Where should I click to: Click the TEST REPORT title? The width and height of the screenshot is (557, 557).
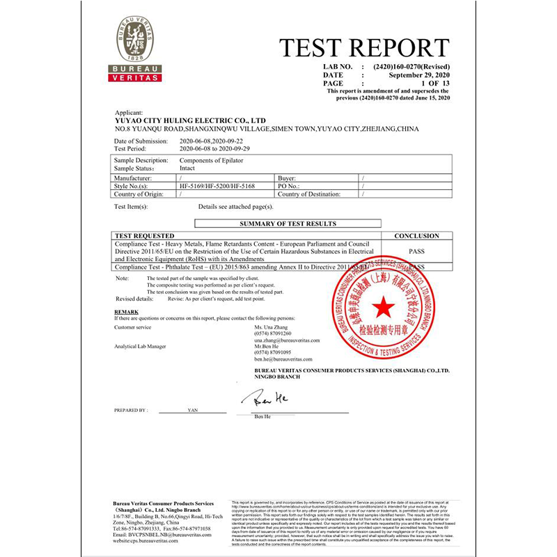coord(364,48)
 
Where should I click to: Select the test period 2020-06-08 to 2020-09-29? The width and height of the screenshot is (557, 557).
coord(215,148)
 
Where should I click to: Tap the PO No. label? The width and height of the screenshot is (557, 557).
coord(288,187)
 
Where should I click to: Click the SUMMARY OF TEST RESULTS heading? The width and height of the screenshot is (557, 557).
coord(288,223)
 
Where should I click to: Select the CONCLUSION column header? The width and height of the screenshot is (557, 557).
coord(416,236)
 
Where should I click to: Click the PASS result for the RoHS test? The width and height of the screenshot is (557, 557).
coord(416,251)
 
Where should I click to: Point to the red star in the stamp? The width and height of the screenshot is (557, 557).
coord(382,306)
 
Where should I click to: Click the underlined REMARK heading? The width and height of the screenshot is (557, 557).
coord(126,311)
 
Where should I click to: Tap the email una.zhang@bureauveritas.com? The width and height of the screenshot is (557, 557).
coord(286,340)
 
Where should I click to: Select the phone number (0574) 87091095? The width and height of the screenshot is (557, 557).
coord(272,352)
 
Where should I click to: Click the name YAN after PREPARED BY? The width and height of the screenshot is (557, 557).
coord(193,411)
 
